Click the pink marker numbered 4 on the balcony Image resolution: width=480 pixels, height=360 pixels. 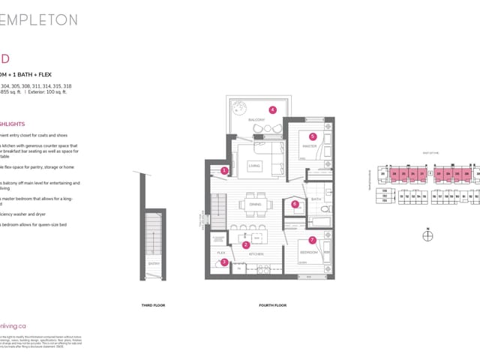coord(272,109)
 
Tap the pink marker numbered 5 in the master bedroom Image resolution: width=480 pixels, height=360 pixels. coord(313,136)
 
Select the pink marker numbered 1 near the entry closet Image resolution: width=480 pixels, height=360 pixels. coord(224,171)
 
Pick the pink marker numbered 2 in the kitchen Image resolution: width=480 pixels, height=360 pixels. coord(245,244)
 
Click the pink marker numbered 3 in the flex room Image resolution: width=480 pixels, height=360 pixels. coord(224,262)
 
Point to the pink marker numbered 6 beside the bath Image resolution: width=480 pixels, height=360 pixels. coord(295,203)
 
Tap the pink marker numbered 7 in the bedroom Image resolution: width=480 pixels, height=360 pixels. coord(313,240)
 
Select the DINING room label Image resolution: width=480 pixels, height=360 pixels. coord(255,203)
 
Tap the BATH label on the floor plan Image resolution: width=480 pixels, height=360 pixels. coord(316,199)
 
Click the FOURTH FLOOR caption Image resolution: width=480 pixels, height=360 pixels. coord(272,305)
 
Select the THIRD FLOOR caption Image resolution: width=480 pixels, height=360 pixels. coord(153,305)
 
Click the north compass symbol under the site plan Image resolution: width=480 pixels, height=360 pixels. coord(427,236)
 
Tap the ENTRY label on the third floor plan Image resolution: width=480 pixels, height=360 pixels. coord(154,264)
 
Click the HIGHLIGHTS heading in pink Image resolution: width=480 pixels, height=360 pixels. coord(13,124)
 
